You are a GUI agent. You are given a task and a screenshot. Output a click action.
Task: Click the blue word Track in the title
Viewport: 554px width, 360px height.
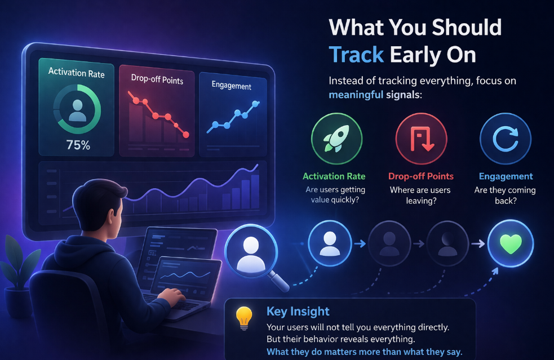pyautogui.click(x=356, y=55)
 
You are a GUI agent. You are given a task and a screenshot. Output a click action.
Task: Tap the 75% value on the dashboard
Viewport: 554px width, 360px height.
pyautogui.click(x=78, y=145)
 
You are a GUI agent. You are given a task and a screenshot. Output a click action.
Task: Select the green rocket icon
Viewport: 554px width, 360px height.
pyautogui.click(x=336, y=139)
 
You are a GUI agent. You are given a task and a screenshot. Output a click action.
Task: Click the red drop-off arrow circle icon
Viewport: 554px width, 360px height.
pyautogui.click(x=421, y=139)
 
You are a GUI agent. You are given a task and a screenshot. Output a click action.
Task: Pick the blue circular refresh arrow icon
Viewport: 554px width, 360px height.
pyautogui.click(x=505, y=139)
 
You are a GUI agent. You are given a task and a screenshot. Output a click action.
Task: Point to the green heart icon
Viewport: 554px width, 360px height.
pyautogui.click(x=511, y=244)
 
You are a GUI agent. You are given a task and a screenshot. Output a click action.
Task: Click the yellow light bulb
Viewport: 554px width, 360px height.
pyautogui.click(x=244, y=318)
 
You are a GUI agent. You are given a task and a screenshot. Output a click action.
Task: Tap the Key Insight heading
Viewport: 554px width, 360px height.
pyautogui.click(x=298, y=311)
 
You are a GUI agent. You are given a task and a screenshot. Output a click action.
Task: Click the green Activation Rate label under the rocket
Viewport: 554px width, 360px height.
pyautogui.click(x=334, y=176)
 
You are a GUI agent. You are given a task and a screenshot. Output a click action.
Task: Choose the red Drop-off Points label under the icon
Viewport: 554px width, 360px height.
pyautogui.click(x=421, y=176)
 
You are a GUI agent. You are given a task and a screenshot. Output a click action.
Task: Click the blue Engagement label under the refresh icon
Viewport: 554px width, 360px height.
pyautogui.click(x=506, y=176)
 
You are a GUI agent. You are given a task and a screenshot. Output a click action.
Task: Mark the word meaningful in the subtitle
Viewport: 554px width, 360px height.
pyautogui.click(x=356, y=95)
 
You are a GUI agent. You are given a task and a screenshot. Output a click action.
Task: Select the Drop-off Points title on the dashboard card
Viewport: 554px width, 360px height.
pyautogui.click(x=157, y=79)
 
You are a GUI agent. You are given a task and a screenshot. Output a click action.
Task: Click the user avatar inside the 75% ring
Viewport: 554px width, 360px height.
pyautogui.click(x=77, y=110)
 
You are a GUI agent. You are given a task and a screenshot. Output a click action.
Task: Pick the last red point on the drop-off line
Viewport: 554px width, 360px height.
pyautogui.click(x=186, y=135)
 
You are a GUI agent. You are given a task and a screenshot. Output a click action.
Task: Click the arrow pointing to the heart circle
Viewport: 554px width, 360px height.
pyautogui.click(x=478, y=243)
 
